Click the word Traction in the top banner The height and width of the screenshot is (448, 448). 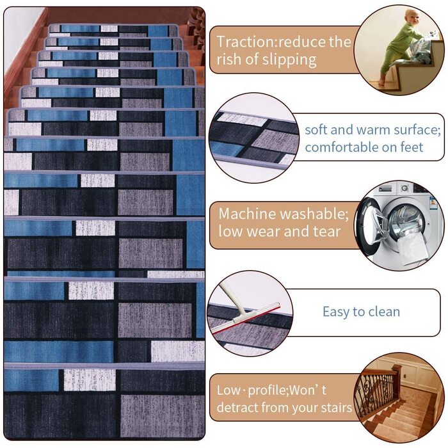244,42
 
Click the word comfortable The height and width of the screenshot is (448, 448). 341,147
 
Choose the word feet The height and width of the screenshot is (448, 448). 412,147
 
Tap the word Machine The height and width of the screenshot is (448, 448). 248,214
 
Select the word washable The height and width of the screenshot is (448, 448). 315,214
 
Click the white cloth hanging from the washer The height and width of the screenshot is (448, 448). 412,249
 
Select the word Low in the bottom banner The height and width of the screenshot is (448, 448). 228,390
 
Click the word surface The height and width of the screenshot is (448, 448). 417,130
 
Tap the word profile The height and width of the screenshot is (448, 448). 266,391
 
